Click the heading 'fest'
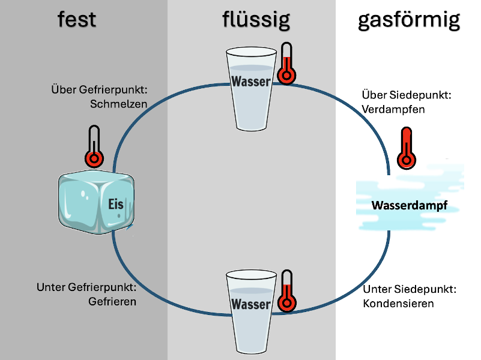click(x=77, y=19)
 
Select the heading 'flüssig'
click(x=255, y=19)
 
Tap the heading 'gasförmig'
click(x=409, y=19)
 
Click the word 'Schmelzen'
click(x=119, y=104)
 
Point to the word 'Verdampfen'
click(x=393, y=110)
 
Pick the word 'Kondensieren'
click(x=398, y=304)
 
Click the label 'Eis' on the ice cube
click(x=115, y=205)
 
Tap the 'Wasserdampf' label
click(x=410, y=206)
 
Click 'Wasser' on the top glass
click(x=251, y=81)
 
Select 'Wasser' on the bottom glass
click(x=250, y=304)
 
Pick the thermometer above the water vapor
click(x=407, y=148)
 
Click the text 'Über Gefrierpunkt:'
click(x=99, y=90)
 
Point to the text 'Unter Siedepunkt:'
click(x=410, y=289)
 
